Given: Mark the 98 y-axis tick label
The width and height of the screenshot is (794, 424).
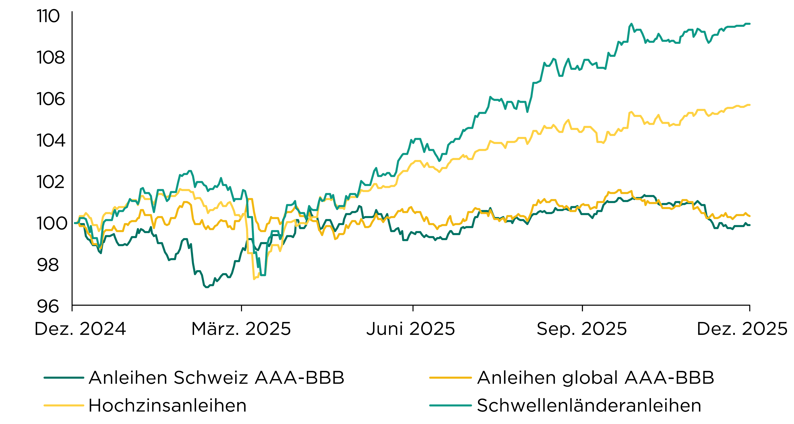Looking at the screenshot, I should click(x=48, y=265).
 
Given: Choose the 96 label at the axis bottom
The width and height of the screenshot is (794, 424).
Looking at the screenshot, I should click(x=48, y=306).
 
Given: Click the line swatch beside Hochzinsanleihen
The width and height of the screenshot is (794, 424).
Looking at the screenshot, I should click(x=64, y=405).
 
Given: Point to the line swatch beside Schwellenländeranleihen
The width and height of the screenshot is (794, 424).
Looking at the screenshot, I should click(x=450, y=405).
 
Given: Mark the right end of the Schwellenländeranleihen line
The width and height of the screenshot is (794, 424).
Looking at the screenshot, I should click(x=749, y=24).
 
